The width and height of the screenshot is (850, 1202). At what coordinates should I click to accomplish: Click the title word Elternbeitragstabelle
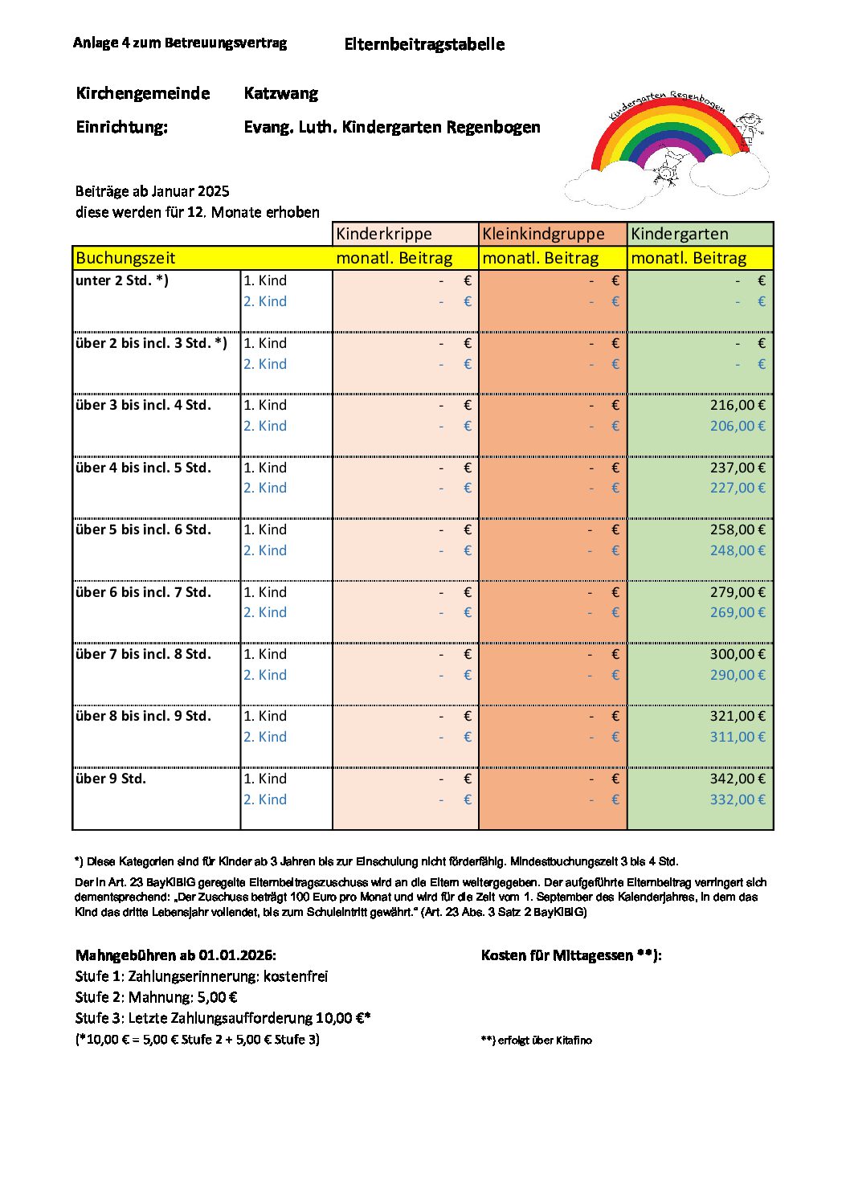click(424, 44)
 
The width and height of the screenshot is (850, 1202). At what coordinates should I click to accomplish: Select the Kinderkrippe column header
click(384, 234)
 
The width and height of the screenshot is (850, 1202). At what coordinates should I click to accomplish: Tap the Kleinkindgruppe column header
click(543, 234)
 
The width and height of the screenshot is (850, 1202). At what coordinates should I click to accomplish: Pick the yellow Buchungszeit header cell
click(125, 258)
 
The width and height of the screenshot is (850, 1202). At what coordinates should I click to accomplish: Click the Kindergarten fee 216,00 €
click(737, 405)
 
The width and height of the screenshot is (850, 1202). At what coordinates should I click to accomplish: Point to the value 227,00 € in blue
click(737, 488)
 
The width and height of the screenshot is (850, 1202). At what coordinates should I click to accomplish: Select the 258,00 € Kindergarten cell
click(737, 529)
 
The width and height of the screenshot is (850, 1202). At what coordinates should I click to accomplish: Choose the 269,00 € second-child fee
click(737, 612)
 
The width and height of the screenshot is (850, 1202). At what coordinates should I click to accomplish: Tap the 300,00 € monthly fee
click(737, 654)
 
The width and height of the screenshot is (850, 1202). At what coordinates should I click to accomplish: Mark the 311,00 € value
click(737, 737)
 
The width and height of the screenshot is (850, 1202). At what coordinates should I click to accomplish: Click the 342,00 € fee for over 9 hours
click(737, 779)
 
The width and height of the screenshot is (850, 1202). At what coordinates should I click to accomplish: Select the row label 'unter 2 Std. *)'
click(122, 280)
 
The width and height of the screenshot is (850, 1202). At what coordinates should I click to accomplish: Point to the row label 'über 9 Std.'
click(111, 779)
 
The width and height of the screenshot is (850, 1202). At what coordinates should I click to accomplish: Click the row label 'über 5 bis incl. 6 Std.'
click(143, 529)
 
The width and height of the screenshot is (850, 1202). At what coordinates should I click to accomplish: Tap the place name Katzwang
click(281, 93)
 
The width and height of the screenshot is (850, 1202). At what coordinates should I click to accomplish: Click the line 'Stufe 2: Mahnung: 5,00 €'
click(157, 997)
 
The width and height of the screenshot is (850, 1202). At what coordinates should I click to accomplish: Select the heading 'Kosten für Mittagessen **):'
click(571, 955)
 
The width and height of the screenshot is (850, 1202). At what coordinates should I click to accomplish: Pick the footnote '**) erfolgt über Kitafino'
click(537, 1040)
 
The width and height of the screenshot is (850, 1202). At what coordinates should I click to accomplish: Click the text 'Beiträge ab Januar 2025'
click(153, 191)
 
